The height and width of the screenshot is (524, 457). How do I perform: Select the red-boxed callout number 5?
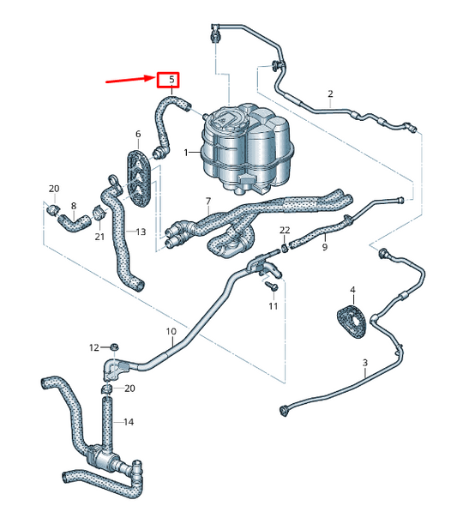point(171,81)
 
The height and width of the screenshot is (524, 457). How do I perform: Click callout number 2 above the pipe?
point(330,93)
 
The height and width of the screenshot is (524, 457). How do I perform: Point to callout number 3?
point(365,364)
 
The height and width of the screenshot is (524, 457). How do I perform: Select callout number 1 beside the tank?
point(184,152)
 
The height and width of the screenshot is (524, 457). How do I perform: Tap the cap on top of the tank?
point(228,115)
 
